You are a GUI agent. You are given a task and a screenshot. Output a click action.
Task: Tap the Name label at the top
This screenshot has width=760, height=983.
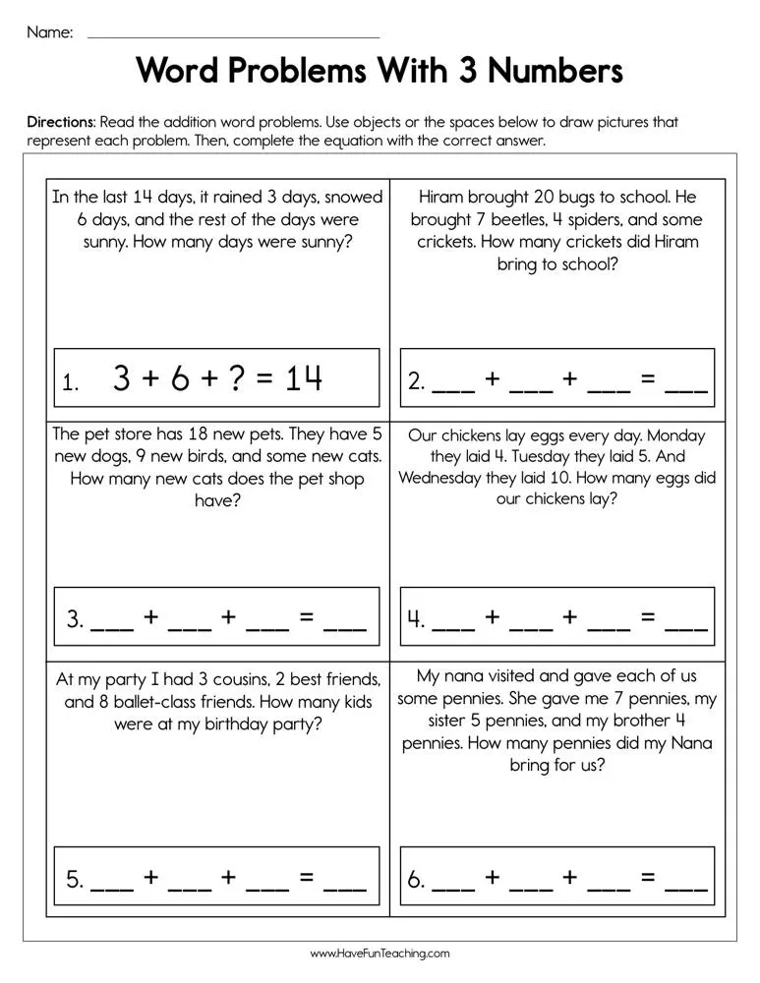49,32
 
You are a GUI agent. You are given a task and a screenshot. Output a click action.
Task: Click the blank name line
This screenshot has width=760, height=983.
233,35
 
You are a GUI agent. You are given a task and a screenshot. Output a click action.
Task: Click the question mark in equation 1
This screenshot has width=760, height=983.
235,377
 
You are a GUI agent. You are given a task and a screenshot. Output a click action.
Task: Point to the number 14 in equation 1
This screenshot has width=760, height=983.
303,377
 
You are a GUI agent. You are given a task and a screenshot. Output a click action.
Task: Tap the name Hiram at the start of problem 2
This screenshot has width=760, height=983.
441,198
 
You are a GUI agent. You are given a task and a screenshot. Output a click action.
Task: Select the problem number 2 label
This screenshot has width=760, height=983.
416,382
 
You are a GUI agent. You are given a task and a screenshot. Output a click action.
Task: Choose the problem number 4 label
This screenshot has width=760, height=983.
416,620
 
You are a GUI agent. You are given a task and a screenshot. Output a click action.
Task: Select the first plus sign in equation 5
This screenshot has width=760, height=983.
150,878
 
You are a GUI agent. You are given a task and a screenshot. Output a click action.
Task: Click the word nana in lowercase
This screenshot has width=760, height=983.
468,676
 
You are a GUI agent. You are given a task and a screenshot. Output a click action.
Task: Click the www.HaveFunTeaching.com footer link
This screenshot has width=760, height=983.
380,954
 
